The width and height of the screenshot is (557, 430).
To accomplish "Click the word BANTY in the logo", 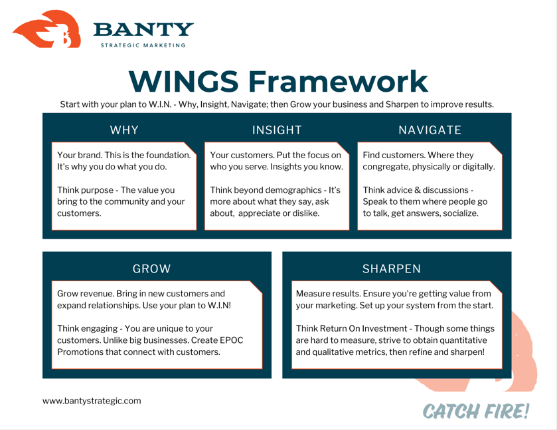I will point(143,30).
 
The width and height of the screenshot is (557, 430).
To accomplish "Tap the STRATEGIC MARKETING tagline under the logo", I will point(143,46).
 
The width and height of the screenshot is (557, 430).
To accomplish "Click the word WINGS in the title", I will point(183,81).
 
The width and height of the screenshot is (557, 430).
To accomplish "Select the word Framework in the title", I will point(338,81).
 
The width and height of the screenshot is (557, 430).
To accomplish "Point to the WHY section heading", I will point(124,130).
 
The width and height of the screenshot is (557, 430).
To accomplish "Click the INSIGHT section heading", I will point(277,130).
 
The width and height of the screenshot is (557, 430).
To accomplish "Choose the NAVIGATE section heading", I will point(430,130).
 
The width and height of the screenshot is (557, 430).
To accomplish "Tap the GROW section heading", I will point(151,269).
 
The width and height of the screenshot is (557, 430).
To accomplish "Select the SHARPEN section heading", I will point(392,269).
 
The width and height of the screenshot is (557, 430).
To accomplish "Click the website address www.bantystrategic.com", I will point(92,401).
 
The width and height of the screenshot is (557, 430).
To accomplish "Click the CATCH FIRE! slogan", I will point(476,411).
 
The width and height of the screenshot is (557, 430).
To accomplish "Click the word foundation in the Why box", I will point(167,156).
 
